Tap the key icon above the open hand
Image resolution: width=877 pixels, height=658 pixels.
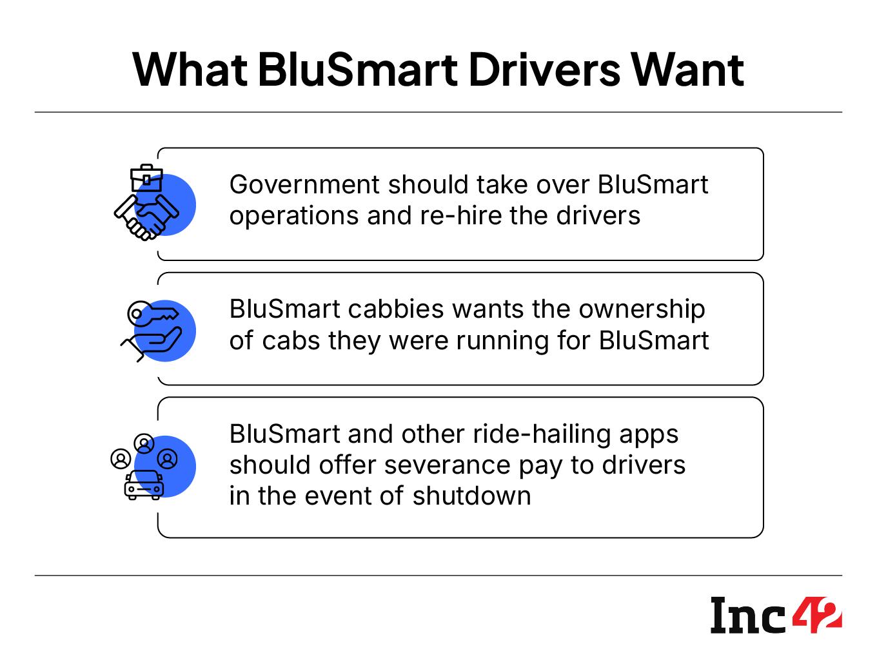(152, 314)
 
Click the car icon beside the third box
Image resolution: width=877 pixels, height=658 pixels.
(143, 485)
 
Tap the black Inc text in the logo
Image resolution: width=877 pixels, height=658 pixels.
(748, 615)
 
